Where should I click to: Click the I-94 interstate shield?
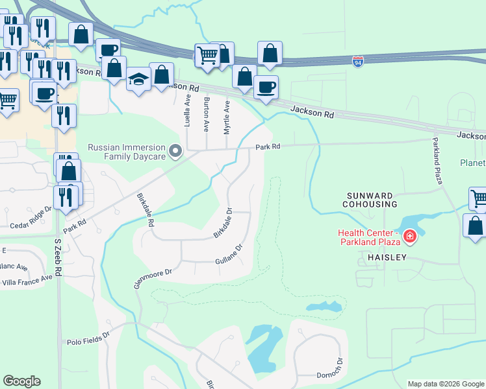pos(358,62)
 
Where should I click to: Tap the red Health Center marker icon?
pos(409,236)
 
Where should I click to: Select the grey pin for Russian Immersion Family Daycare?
pos(175,151)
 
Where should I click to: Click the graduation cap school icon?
pos(138,80)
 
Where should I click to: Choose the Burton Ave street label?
pos(207,112)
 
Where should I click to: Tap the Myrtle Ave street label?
pos(227,117)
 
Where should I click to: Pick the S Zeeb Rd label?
pos(57,258)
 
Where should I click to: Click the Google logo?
pos(21,381)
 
